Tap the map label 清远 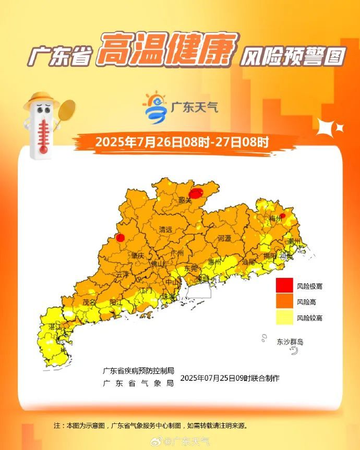[x=166, y=229]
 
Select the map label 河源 [x=224, y=238]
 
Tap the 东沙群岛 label [x=290, y=342]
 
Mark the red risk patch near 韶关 [x=196, y=193]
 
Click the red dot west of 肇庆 [x=120, y=238]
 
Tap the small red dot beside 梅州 [x=283, y=215]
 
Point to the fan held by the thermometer [x=67, y=110]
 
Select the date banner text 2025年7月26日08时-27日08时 [x=182, y=142]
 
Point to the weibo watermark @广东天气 [x=187, y=442]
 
